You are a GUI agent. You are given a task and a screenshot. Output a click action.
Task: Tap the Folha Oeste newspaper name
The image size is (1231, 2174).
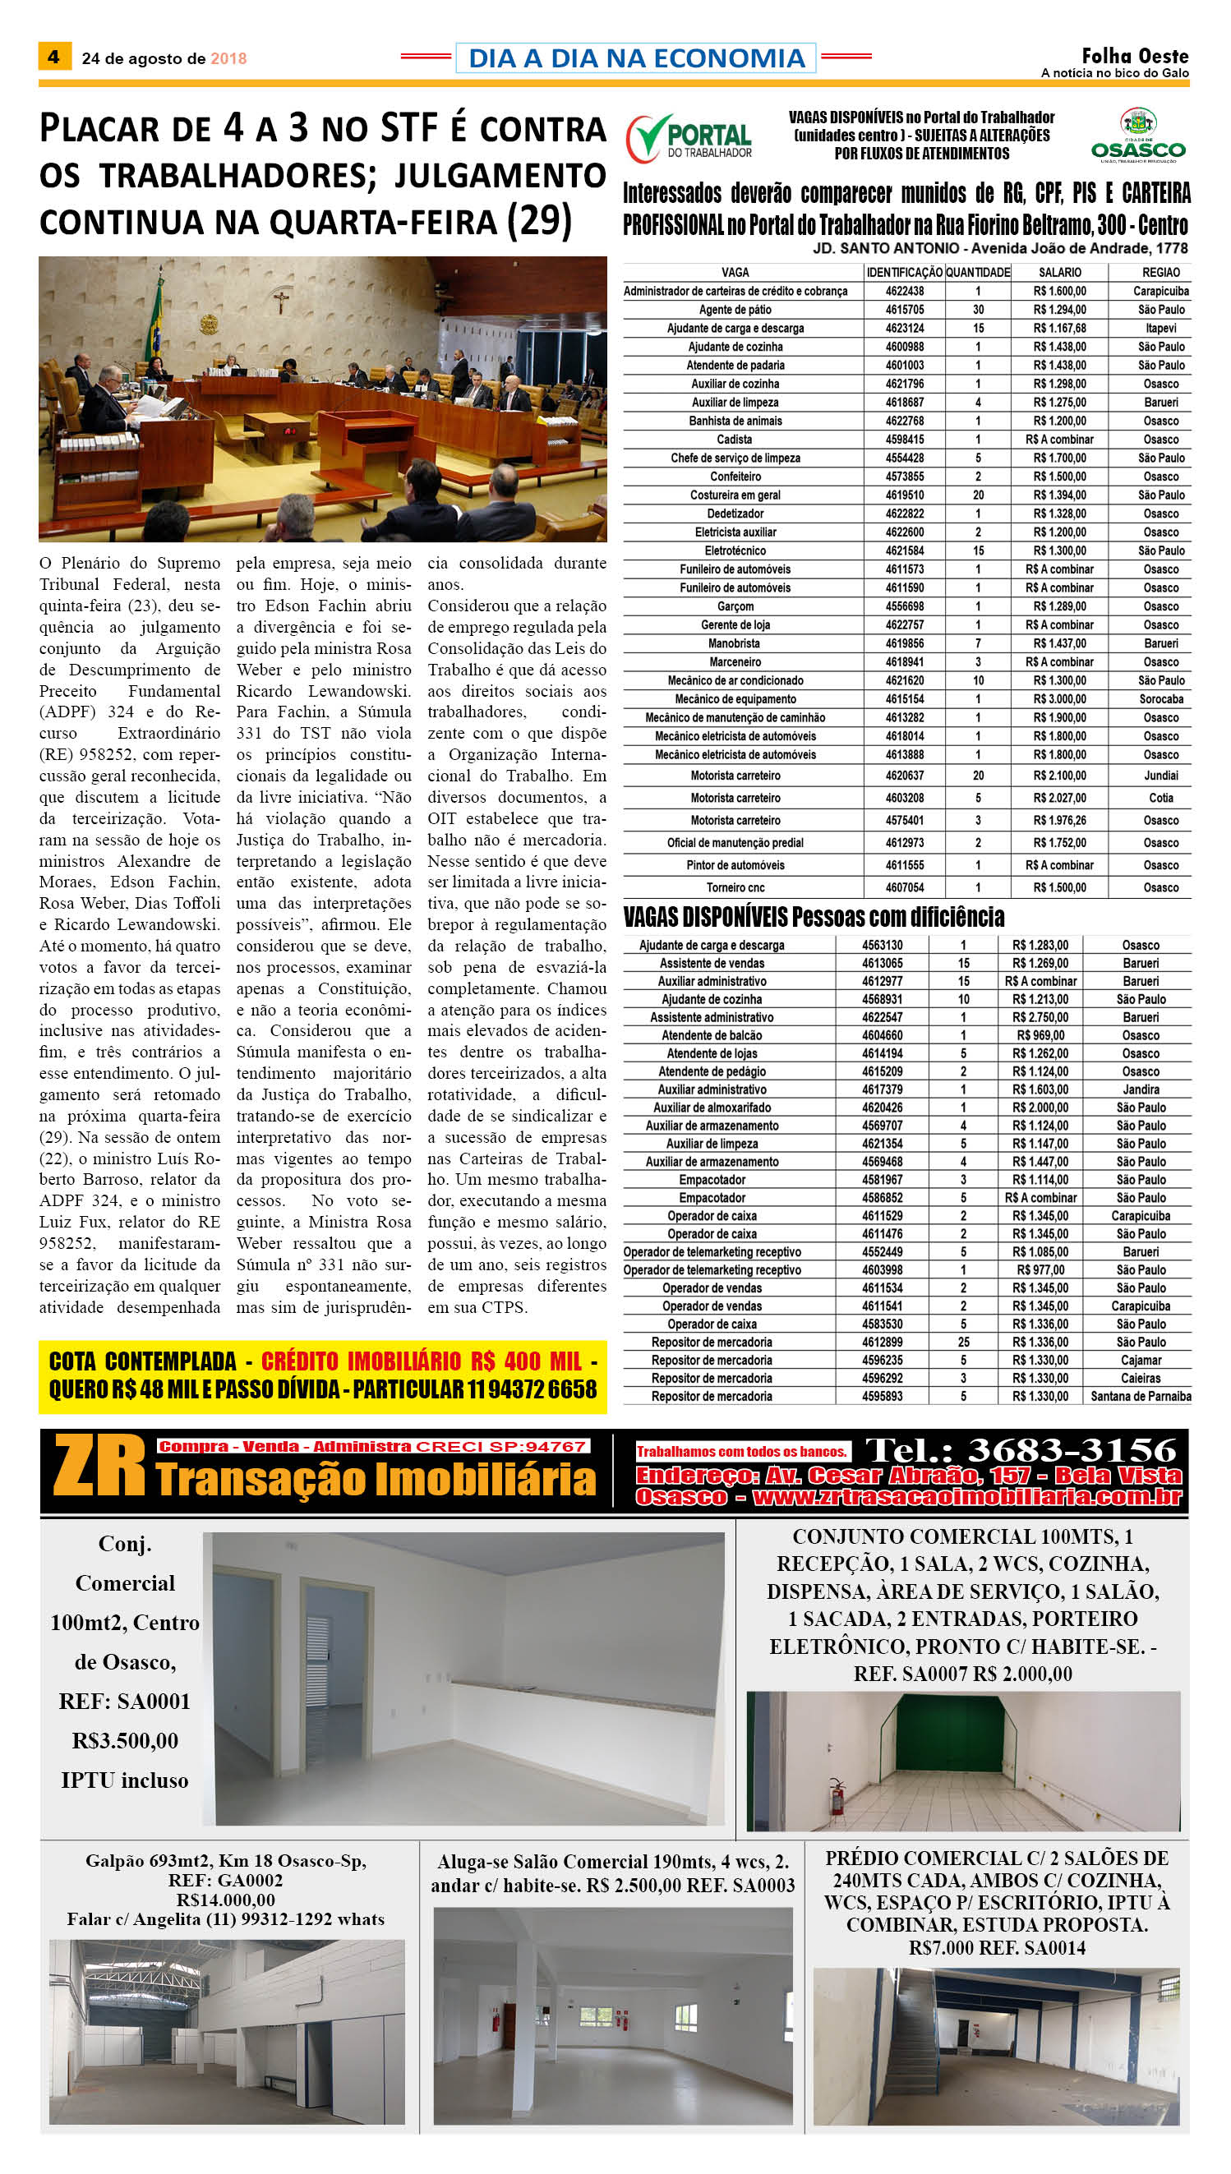pyautogui.click(x=1135, y=56)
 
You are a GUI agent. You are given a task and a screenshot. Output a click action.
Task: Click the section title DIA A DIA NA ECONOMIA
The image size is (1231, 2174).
pyautogui.click(x=636, y=58)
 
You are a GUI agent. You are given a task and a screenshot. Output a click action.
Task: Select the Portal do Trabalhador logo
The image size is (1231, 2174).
pyautogui.click(x=689, y=138)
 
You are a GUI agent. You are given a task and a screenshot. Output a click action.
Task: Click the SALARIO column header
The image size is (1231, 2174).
pyautogui.click(x=1059, y=272)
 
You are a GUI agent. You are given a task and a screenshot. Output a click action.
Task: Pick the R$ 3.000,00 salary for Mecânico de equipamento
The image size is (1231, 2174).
pyautogui.click(x=1059, y=699)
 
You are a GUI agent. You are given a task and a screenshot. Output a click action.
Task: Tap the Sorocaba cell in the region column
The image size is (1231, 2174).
pyautogui.click(x=1161, y=699)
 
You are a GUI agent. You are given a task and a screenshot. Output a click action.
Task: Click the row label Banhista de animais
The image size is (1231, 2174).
pyautogui.click(x=735, y=421)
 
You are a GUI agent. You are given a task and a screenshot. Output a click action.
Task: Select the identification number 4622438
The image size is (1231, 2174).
pyautogui.click(x=905, y=291)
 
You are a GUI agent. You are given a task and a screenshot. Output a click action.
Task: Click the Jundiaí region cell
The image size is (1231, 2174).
pyautogui.click(x=1161, y=775)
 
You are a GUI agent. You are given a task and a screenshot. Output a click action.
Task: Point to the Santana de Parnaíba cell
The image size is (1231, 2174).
pyautogui.click(x=1141, y=1397)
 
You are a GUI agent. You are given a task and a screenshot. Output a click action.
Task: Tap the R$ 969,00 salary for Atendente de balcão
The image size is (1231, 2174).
pyautogui.click(x=1041, y=1035)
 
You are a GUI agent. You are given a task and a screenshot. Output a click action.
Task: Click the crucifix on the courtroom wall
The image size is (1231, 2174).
pyautogui.click(x=280, y=301)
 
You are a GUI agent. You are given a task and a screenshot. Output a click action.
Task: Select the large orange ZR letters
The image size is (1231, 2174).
pyautogui.click(x=99, y=1467)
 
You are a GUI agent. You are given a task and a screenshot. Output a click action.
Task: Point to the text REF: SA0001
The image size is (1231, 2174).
pyautogui.click(x=124, y=1702)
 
